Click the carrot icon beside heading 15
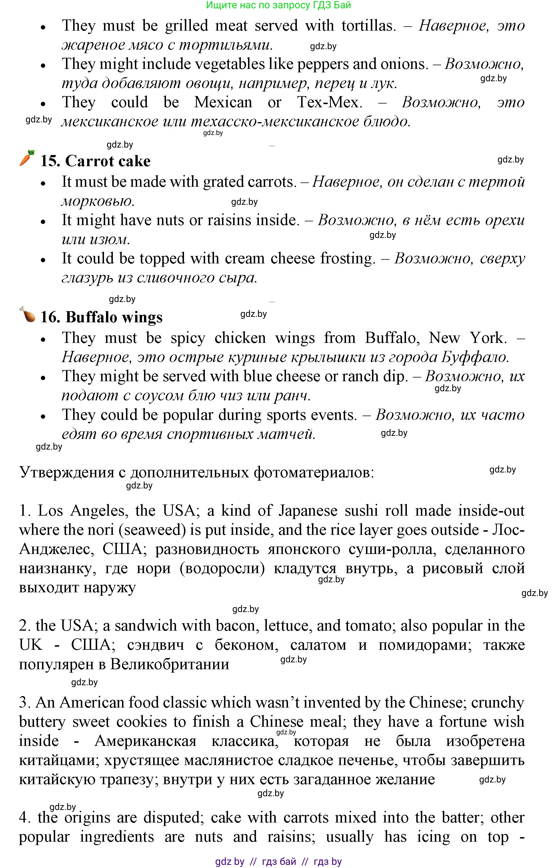point(27,158)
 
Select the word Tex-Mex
point(329,102)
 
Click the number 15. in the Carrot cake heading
point(50,161)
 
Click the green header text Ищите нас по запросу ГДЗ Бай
point(278,5)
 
